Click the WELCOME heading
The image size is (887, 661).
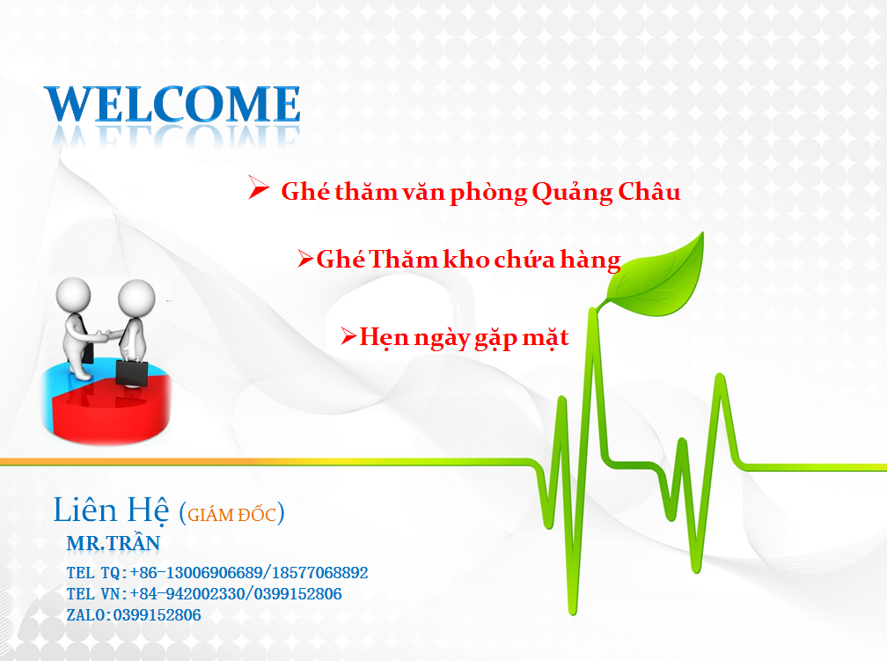point(172,104)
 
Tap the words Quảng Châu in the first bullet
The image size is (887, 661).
point(605,193)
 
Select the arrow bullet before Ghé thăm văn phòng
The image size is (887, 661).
point(259,187)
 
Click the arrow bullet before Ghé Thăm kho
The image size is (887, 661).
point(305,259)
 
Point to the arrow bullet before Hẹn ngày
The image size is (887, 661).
point(348,336)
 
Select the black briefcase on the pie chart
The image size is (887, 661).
point(132,373)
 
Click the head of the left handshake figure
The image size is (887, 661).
point(73,294)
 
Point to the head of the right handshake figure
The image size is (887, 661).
point(136,297)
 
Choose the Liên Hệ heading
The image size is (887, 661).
point(111,510)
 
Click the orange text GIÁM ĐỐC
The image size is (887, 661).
point(232,515)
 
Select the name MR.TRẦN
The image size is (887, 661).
point(114,543)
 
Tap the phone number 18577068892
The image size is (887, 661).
point(320,573)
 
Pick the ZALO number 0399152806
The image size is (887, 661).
point(158,614)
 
